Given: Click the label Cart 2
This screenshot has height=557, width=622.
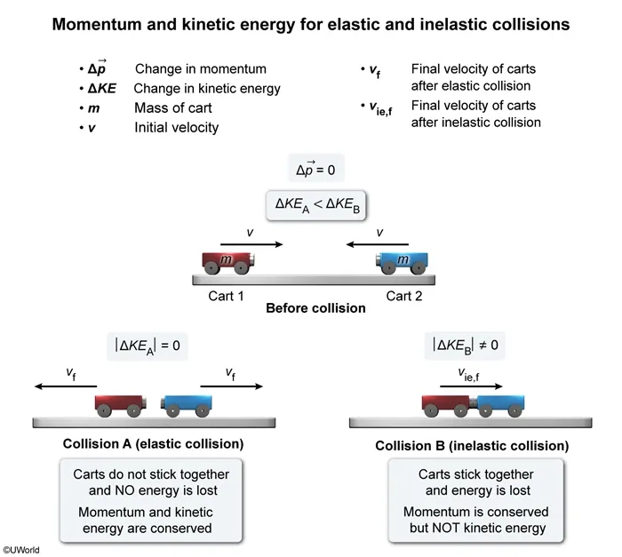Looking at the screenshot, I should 404,296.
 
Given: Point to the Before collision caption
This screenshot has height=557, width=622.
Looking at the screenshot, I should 315,309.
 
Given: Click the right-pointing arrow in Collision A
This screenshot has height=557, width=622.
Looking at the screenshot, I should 231,386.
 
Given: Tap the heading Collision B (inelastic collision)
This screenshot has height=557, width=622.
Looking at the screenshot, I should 472,445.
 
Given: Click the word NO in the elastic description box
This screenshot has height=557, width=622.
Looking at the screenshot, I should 124,489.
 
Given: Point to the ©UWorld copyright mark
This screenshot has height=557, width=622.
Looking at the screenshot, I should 21,550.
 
